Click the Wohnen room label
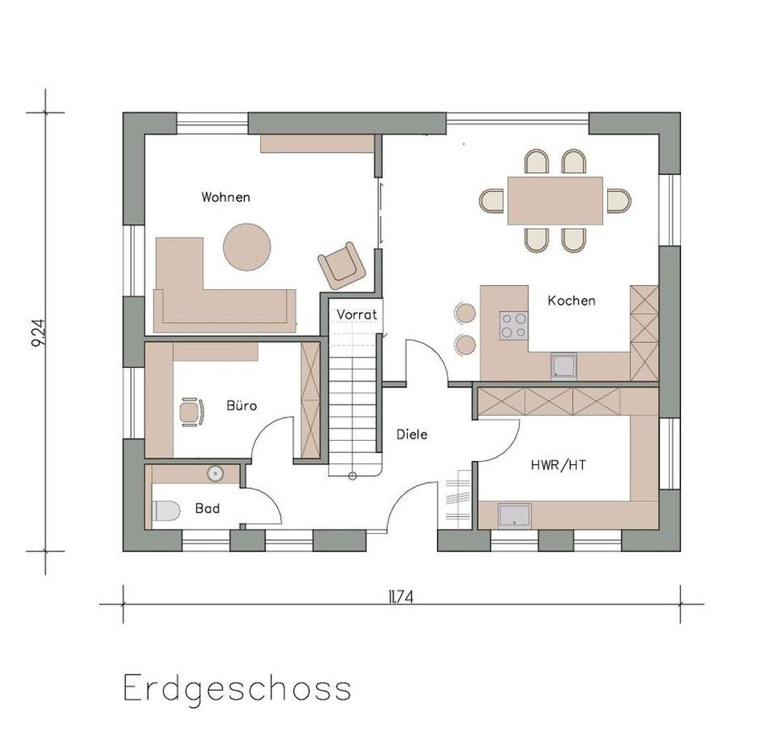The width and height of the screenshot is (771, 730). click(226, 197)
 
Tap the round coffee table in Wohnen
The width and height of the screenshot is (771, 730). click(247, 247)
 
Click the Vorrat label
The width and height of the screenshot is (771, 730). click(357, 314)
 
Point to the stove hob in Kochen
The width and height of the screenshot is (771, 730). click(514, 325)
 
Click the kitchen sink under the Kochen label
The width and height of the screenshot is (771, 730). click(564, 365)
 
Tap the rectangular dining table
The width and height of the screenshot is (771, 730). click(555, 200)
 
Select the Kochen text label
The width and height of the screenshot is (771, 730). click(571, 300)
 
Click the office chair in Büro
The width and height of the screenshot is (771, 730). click(191, 411)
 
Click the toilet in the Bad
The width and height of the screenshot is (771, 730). click(166, 511)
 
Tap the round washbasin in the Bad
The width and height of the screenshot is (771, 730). click(214, 474)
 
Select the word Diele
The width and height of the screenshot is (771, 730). click(412, 434)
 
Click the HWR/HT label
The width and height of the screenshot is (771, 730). click(553, 464)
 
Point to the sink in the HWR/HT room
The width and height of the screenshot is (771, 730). click(515, 515)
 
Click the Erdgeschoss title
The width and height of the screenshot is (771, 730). click(237, 688)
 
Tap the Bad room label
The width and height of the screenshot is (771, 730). click(207, 508)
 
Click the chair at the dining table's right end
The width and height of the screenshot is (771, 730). click(618, 200)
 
